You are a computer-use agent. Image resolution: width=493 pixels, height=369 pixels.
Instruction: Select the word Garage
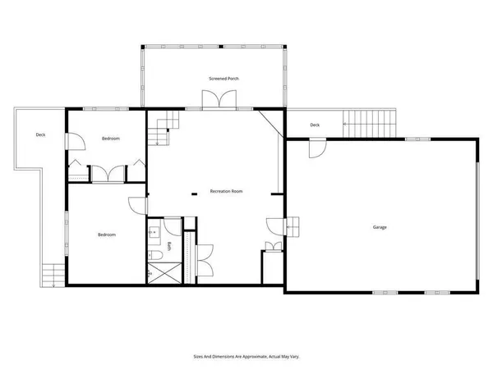[379, 227]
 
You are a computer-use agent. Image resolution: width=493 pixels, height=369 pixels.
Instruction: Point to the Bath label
[169, 245]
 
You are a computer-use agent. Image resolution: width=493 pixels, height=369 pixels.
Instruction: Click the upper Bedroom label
[111, 139]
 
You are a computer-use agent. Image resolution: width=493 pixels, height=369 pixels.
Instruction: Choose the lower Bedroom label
[107, 235]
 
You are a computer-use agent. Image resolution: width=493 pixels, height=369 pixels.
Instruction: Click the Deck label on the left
[40, 134]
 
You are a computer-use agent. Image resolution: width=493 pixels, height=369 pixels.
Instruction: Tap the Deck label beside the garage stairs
[315, 125]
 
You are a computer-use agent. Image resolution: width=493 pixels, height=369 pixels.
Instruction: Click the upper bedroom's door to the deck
[74, 141]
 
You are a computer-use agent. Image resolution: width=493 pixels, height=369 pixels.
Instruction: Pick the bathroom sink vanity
[155, 233]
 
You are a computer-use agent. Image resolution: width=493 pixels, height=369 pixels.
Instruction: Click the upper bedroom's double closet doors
[108, 174]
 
